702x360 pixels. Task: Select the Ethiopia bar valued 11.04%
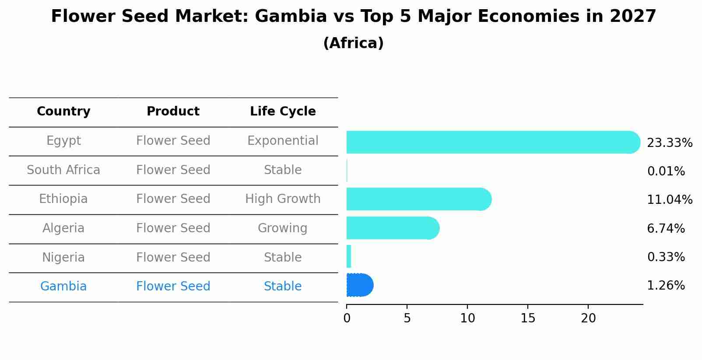tap(418, 199)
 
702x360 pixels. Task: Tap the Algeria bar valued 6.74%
tap(392, 228)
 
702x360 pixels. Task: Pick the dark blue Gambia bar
tap(359, 285)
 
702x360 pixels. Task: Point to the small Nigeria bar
tap(349, 257)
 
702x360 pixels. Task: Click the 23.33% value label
tap(669, 143)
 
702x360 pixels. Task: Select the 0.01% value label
tap(666, 171)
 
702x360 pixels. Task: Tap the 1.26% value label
tap(666, 286)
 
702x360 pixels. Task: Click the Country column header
tap(63, 112)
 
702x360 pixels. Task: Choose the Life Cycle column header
tap(283, 112)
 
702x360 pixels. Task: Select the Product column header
tap(173, 112)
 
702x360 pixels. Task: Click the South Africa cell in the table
tap(63, 170)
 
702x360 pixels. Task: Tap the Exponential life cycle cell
tap(283, 141)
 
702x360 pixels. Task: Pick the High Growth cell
tap(283, 199)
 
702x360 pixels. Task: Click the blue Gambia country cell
tap(63, 287)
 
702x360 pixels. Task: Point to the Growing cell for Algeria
tap(283, 228)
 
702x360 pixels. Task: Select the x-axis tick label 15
tap(528, 318)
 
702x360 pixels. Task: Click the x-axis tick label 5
tap(407, 318)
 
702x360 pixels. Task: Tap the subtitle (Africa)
tap(353, 43)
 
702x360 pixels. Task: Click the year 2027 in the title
tap(632, 17)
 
